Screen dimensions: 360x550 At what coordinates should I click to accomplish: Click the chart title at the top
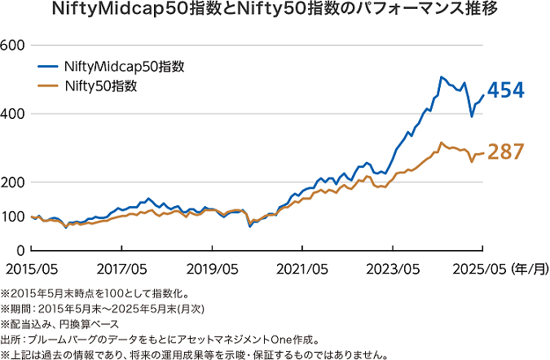275,11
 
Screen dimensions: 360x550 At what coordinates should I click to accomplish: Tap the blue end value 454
505,91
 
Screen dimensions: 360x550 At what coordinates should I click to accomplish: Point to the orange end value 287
505,151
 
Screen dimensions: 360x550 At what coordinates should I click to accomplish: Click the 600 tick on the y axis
14,45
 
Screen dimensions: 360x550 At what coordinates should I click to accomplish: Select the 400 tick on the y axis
14,113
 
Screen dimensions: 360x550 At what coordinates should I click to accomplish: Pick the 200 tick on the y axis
14,182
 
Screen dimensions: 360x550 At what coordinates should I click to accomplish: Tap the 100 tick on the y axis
14,216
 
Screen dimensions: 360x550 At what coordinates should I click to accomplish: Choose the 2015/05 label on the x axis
33,269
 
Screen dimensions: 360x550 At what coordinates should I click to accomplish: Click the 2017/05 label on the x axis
123,269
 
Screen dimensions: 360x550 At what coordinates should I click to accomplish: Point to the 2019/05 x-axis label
213,269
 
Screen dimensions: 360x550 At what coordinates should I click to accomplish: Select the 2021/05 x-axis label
304,269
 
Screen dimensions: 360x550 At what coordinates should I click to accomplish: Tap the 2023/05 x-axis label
394,269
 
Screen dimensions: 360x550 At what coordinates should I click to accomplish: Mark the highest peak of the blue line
441,77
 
